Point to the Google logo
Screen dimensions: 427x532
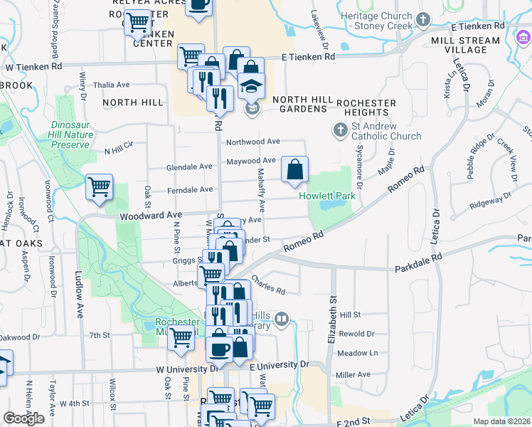(x=23, y=418)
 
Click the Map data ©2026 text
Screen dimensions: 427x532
(x=501, y=421)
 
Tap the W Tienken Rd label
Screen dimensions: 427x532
(x=34, y=66)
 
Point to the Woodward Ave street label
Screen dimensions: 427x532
(x=151, y=214)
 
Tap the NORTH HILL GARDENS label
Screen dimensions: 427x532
(x=299, y=104)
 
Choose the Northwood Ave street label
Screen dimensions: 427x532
(x=253, y=142)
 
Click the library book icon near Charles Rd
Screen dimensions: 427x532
(x=282, y=319)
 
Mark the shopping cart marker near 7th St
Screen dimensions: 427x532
(x=181, y=339)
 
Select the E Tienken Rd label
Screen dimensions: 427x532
(x=305, y=56)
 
